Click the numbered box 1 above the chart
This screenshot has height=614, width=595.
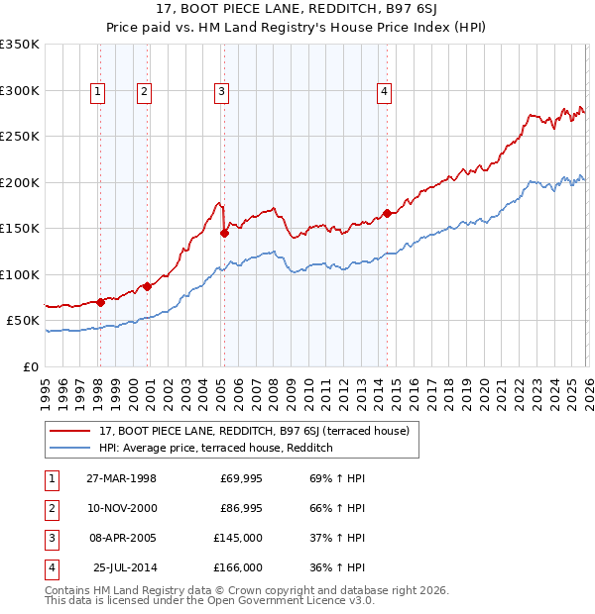click(x=98, y=92)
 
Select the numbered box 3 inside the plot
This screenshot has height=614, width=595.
click(x=220, y=92)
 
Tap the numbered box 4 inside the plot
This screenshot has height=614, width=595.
click(x=384, y=92)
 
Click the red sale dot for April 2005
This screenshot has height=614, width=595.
click(x=224, y=233)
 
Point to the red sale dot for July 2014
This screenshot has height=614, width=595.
click(x=387, y=213)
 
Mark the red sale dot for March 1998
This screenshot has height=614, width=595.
click(x=100, y=302)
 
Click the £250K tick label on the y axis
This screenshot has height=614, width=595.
click(x=20, y=137)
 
